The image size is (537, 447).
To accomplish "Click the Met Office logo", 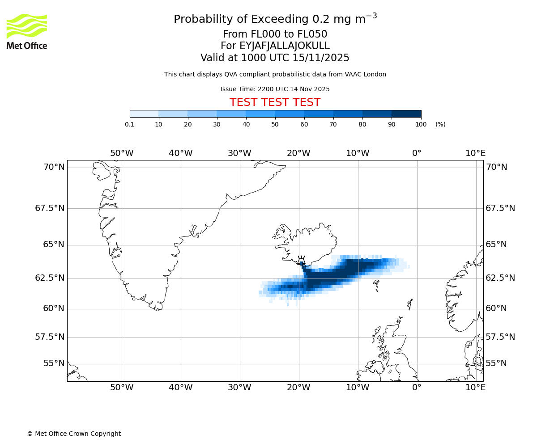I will [27, 31].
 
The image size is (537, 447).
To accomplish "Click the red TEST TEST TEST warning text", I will [275, 103].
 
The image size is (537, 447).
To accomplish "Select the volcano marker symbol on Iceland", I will [301, 261].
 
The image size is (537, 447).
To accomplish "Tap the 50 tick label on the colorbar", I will [275, 124].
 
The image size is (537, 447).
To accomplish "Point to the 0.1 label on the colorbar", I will [130, 124].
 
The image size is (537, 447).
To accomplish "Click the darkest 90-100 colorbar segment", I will [406, 114].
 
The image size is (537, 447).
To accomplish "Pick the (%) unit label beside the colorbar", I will [440, 124].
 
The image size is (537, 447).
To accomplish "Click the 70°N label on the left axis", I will [54, 167].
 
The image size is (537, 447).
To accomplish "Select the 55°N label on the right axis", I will [496, 363].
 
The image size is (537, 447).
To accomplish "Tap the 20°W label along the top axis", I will [298, 153].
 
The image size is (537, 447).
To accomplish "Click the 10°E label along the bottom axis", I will [475, 388].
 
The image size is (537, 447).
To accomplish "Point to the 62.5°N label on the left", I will [50, 278].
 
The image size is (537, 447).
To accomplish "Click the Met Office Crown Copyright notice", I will [74, 434].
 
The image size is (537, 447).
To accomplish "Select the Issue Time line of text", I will [275, 89].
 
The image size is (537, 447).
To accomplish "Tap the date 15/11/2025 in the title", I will [321, 58].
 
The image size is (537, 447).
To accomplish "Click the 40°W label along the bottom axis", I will [181, 388].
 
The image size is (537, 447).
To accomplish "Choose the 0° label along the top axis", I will [417, 153].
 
